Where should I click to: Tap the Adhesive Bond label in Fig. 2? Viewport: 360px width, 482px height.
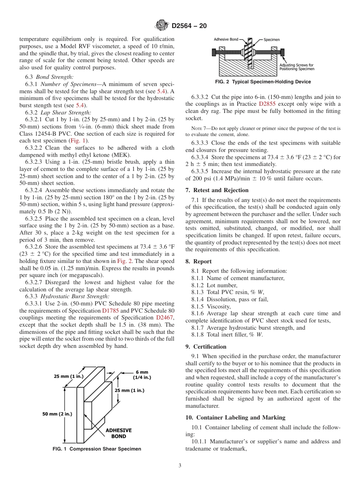point(226,39)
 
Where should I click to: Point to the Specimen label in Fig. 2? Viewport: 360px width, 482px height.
point(272,39)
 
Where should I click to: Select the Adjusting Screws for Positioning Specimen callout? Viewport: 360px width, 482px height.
point(297,67)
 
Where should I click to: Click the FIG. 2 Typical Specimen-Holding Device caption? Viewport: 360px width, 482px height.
point(263,82)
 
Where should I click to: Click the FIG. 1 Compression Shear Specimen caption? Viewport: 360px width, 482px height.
point(97,449)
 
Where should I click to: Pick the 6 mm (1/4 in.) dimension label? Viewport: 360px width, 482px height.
point(142,375)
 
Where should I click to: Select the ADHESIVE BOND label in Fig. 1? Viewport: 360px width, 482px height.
point(118,433)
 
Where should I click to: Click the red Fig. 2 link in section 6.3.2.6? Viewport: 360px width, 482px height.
point(124,261)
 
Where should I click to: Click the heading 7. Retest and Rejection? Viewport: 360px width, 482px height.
point(217,190)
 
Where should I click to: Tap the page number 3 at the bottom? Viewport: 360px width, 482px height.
point(180,466)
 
